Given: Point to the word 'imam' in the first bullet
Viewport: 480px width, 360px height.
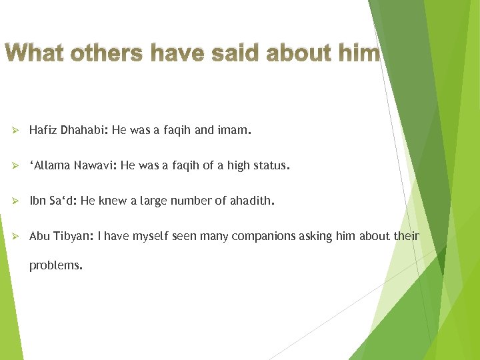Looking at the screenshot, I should tap(233, 131).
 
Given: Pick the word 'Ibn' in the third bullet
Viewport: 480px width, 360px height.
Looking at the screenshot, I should tap(37, 201).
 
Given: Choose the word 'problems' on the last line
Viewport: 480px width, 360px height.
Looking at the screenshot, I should tap(55, 265).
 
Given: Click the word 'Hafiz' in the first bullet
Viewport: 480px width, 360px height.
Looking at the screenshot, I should tap(43, 131).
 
